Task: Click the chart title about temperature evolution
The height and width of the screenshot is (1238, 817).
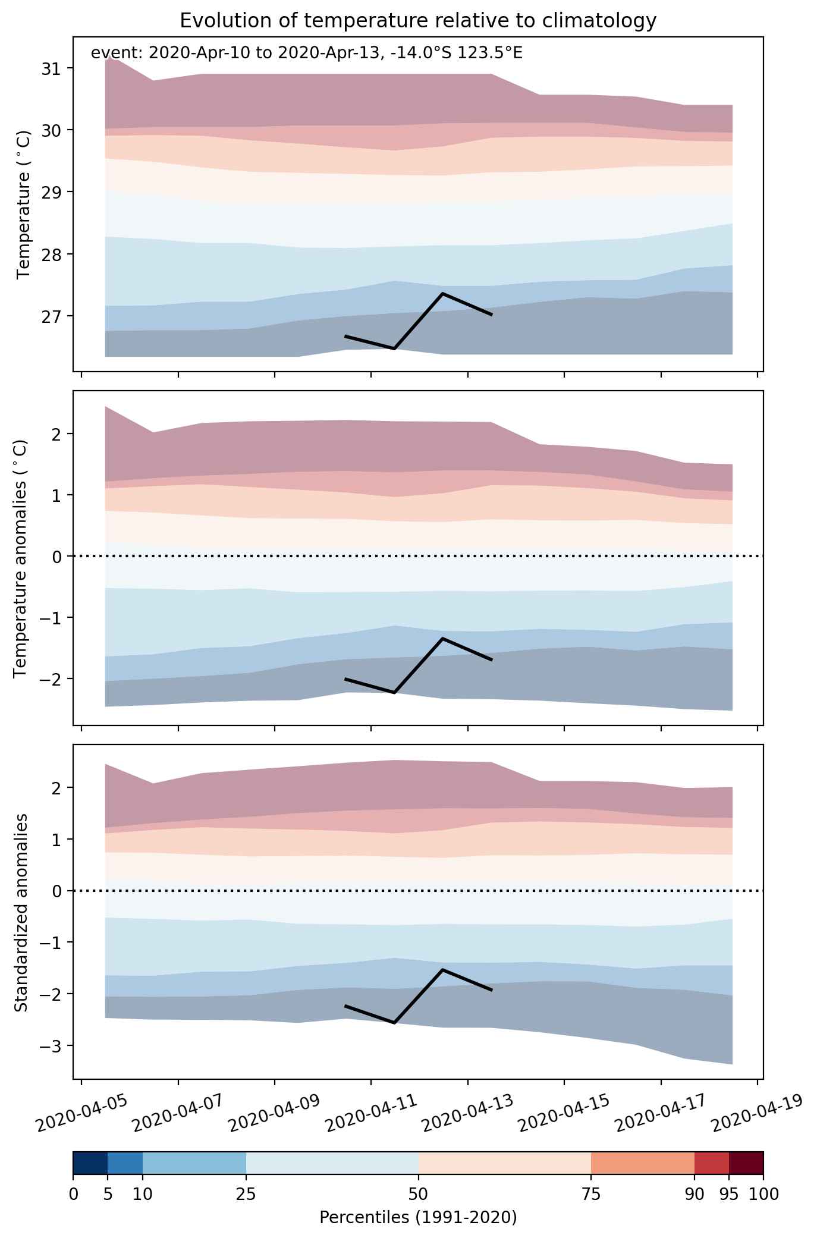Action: coord(418,21)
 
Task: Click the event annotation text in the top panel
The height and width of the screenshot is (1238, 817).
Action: coord(306,54)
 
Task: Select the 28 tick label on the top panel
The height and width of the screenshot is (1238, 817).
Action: coord(51,254)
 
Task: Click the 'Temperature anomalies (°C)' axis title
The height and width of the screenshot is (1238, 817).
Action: coord(20,558)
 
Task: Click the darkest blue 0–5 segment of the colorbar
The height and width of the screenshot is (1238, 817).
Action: coord(90,1164)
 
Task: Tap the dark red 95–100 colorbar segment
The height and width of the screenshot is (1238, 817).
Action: coord(746,1164)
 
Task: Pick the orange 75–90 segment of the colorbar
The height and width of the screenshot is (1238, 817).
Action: coord(643,1164)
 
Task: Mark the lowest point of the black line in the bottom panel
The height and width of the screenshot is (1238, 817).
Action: coord(394,1023)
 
